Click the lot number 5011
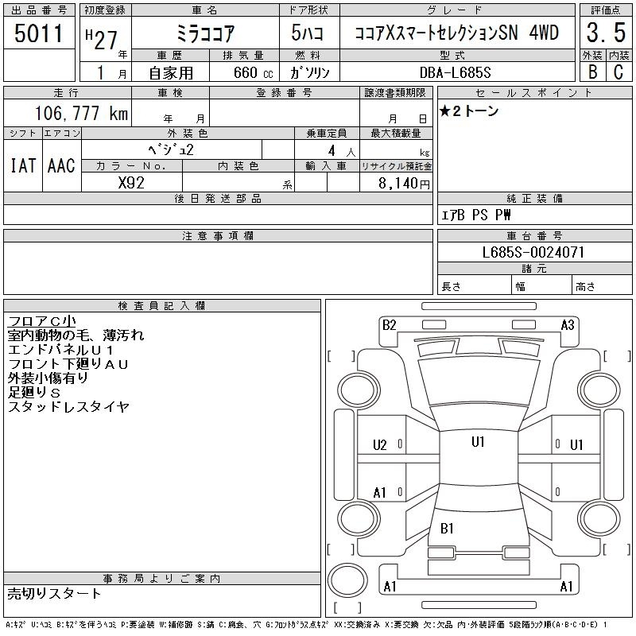39,34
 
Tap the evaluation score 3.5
605,34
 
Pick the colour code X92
132,183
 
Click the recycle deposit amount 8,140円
405,183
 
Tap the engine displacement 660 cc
246,72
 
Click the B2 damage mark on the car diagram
389,324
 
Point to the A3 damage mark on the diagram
568,324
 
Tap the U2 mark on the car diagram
379,445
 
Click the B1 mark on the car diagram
447,528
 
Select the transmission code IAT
22,165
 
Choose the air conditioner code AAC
61,165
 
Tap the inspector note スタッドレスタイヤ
68,407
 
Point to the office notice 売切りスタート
55,593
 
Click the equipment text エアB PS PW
476,215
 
